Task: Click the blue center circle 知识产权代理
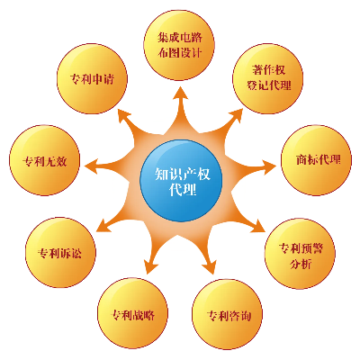(x=181, y=181)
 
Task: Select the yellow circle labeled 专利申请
(x=92, y=78)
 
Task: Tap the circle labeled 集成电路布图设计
(x=179, y=45)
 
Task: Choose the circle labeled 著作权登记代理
(x=268, y=78)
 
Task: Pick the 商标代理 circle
(x=316, y=160)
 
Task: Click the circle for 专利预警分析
(x=300, y=254)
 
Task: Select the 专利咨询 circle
(x=228, y=314)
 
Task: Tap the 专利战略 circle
(x=133, y=313)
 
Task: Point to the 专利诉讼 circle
(x=60, y=253)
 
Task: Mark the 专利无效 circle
(x=45, y=160)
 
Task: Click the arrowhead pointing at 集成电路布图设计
(x=181, y=93)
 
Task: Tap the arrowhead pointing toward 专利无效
(x=91, y=166)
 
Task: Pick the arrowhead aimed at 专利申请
(x=122, y=115)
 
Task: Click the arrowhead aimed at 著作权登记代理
(x=236, y=115)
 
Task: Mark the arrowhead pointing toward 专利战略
(x=151, y=266)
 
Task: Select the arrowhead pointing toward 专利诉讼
(x=103, y=226)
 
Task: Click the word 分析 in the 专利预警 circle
(x=301, y=264)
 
